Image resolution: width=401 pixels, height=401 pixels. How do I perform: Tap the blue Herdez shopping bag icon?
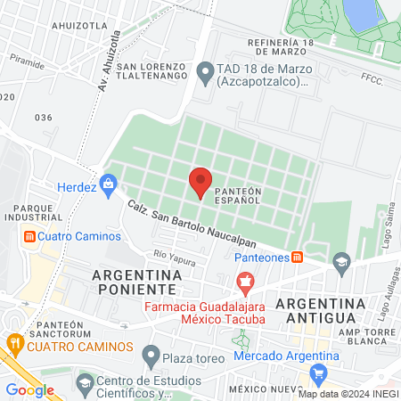(x=109, y=183)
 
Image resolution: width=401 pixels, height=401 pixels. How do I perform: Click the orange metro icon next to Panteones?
(x=297, y=258)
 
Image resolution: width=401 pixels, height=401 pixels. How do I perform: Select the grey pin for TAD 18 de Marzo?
(x=205, y=69)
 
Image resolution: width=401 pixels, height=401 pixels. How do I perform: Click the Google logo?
(x=29, y=389)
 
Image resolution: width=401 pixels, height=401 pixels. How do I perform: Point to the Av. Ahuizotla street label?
(x=108, y=68)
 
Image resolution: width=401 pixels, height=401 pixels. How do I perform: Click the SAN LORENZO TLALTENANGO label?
(x=151, y=73)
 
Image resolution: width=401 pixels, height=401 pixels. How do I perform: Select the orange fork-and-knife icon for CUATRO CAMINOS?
(x=15, y=342)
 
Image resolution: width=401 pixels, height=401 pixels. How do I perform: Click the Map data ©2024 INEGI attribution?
(x=348, y=393)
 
